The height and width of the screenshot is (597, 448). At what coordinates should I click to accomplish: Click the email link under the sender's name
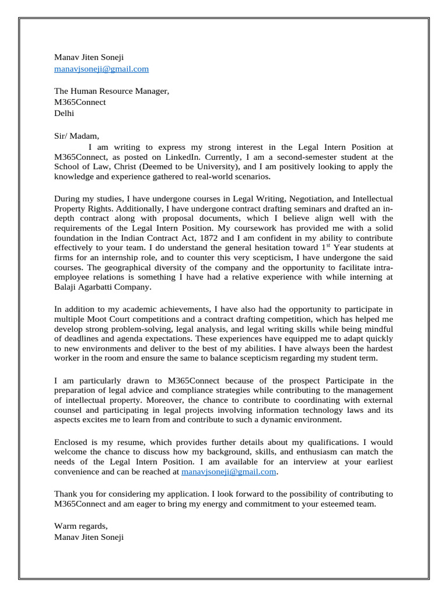coord(101,69)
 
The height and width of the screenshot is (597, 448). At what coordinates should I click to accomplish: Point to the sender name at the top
coord(89,57)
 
